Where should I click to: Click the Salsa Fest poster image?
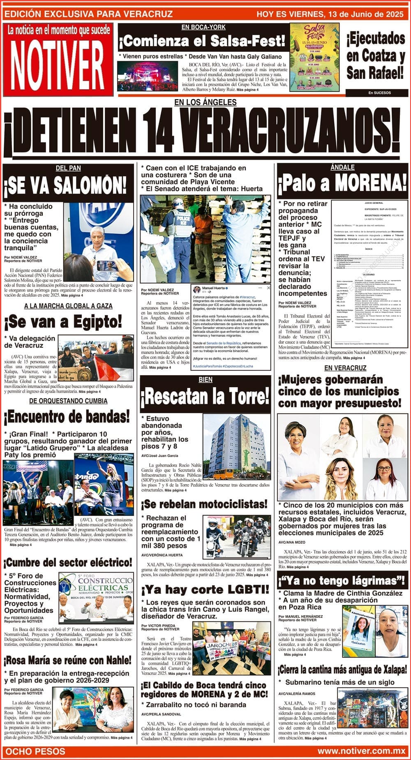(314, 57)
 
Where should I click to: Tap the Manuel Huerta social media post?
(231, 326)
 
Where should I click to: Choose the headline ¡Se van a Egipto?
(63, 321)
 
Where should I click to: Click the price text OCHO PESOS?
(35, 751)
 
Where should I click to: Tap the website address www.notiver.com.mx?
(361, 751)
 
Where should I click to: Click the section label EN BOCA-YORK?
(203, 27)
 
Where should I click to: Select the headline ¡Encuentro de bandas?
(67, 417)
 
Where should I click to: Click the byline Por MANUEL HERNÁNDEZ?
(300, 617)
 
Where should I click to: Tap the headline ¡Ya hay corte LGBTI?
(205, 590)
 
